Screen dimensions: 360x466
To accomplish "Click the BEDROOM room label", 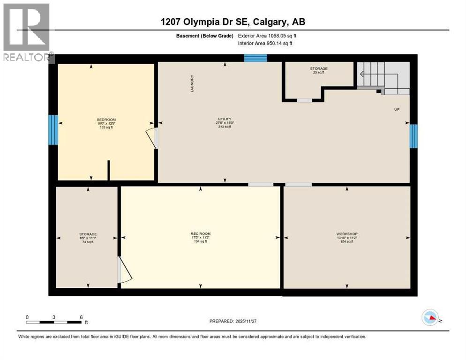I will click(x=106, y=120).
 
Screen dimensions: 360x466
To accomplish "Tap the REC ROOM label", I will click(x=201, y=233).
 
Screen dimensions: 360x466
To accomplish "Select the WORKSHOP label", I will click(x=347, y=233).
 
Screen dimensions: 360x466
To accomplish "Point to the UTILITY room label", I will click(x=225, y=119).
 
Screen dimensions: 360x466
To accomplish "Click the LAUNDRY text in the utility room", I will click(x=192, y=83).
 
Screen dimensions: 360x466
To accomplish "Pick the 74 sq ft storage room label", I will click(x=88, y=234).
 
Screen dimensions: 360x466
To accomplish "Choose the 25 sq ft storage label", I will click(x=318, y=69).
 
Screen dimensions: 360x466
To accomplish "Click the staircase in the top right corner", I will click(x=382, y=76).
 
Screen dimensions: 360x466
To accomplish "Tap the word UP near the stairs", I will click(x=396, y=109).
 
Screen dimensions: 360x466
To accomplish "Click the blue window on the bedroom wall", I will click(x=53, y=129).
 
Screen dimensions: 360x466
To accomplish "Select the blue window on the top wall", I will click(x=256, y=58).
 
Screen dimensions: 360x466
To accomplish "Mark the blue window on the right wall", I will click(x=413, y=136).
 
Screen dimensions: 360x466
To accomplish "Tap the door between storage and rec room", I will click(x=124, y=270).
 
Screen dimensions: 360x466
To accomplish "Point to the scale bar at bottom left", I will click(x=54, y=322).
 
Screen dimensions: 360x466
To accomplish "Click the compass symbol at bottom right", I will click(x=429, y=318).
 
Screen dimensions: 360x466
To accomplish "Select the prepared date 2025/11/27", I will click(x=233, y=321).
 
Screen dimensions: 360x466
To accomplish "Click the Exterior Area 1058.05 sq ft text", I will click(x=267, y=36).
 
